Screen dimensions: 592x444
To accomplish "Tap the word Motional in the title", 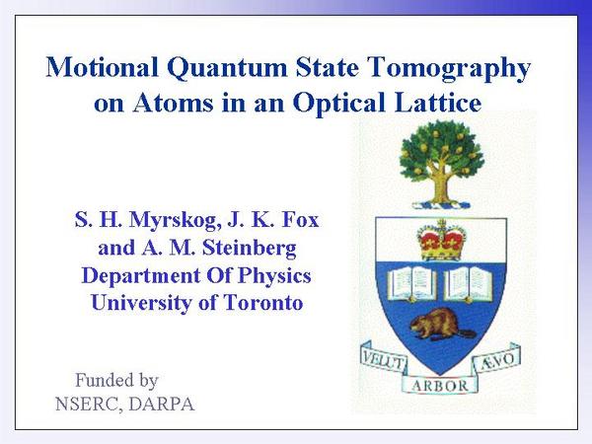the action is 103,67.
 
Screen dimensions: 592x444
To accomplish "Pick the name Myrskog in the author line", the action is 176,220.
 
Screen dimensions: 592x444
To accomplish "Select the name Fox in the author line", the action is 301,219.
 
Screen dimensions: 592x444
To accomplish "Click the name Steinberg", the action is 250,249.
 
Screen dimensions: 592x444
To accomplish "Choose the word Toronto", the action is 263,303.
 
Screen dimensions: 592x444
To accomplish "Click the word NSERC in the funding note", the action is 89,405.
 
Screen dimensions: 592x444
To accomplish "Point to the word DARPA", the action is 162,404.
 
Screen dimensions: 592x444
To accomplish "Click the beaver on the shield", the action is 441,325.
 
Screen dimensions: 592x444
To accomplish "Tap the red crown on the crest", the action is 441,240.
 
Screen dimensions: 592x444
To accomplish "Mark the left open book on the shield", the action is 412,283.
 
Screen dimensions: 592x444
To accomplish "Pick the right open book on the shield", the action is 468,284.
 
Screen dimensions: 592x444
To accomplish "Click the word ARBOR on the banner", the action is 440,386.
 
